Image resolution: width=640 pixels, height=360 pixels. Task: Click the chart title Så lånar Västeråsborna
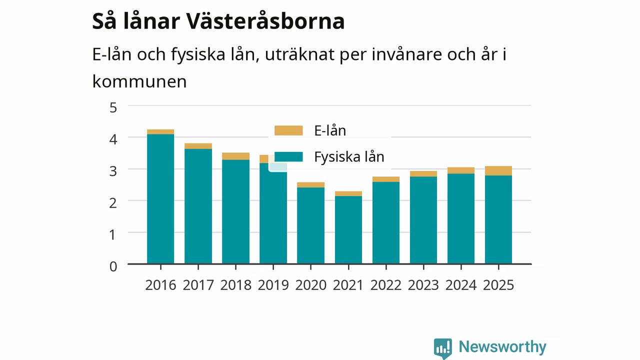coord(218,21)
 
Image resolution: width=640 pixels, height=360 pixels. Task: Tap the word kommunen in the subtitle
coord(139,81)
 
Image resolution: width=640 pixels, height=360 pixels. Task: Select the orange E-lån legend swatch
coord(288,130)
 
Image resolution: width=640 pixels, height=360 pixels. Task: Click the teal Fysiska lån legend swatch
coord(288,156)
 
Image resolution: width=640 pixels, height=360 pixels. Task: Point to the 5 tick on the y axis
coord(113,107)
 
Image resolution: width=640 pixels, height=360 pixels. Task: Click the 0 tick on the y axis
coord(113,266)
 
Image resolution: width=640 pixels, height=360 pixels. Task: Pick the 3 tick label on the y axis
coord(113,171)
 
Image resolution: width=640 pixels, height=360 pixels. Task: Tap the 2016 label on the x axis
coord(160,285)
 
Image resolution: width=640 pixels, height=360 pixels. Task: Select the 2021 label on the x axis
coord(348,285)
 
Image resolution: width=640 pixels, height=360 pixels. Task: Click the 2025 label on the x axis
coord(498,285)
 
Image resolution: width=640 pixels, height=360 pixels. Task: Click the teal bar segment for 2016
coord(160,199)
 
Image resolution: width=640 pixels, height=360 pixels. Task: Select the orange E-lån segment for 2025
coord(498,170)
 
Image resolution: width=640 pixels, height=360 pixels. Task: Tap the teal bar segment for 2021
coord(348,229)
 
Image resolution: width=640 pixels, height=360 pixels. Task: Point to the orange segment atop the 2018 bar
coord(235,156)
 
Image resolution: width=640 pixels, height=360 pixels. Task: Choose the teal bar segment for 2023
coord(423,220)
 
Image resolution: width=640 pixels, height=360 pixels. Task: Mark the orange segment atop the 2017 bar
coord(198,146)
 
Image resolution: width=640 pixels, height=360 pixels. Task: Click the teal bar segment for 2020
coord(311,225)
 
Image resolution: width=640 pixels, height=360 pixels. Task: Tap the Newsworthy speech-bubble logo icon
coord(443,348)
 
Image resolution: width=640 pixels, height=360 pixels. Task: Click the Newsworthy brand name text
coord(502,346)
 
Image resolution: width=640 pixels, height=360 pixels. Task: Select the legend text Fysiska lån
coord(349,157)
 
